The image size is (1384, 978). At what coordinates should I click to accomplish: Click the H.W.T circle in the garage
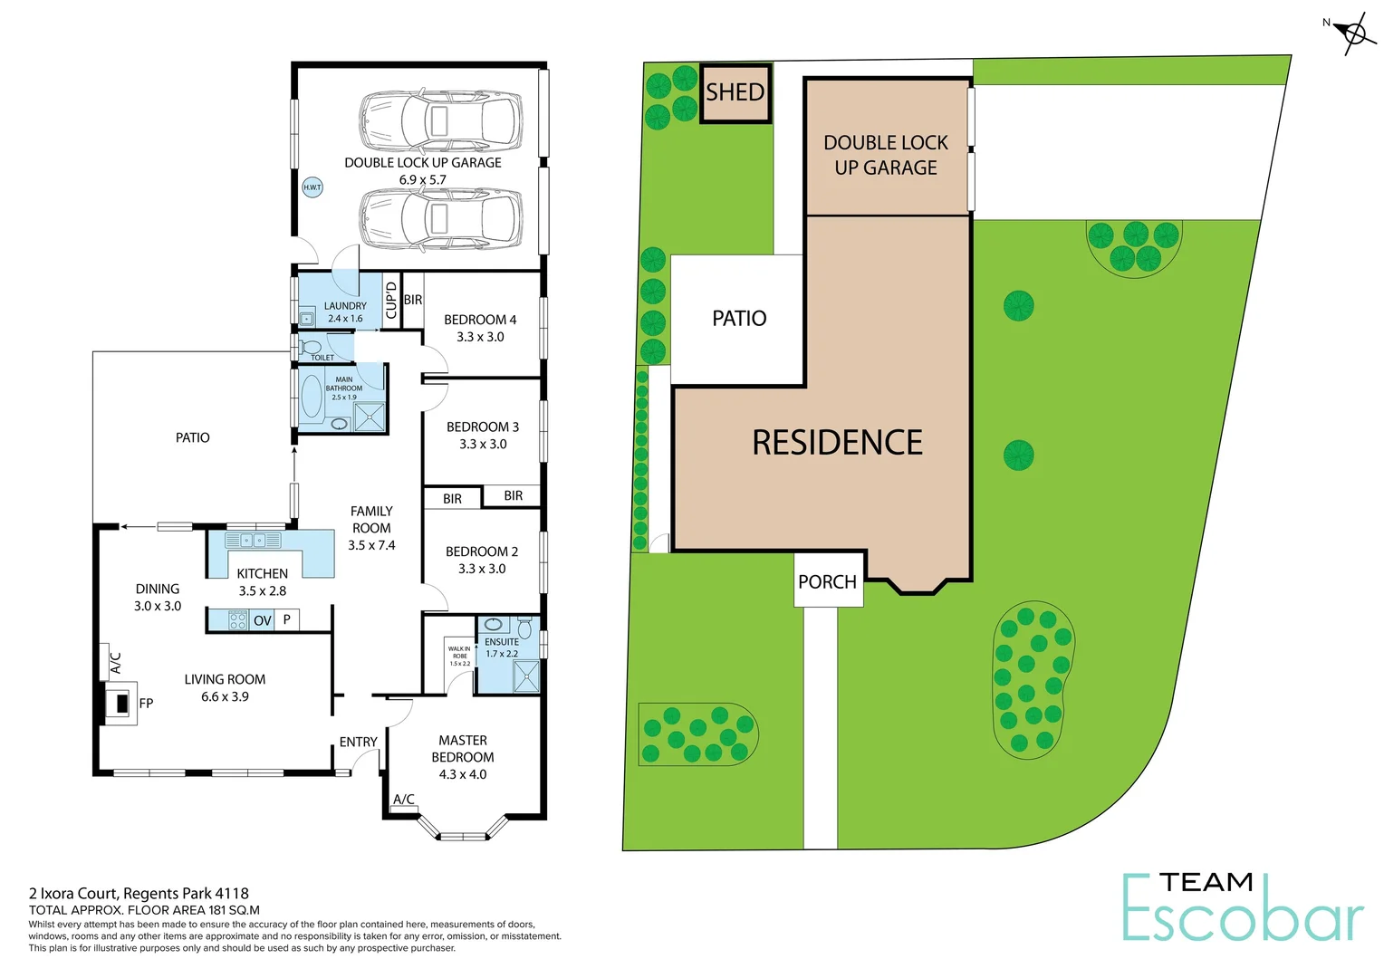tap(312, 187)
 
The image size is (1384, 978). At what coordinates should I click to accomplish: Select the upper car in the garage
tap(440, 119)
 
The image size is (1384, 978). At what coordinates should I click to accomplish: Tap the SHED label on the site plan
tap(735, 92)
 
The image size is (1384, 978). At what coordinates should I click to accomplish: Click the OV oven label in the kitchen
tap(263, 620)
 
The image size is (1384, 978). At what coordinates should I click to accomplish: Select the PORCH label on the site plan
tap(827, 582)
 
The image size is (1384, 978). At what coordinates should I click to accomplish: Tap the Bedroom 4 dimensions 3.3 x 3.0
tap(480, 337)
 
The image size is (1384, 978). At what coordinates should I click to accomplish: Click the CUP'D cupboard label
tap(391, 300)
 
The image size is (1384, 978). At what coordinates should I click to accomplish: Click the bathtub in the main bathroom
tap(312, 397)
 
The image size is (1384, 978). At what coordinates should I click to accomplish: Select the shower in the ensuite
tap(525, 676)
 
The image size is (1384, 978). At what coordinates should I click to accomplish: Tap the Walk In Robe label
tap(459, 656)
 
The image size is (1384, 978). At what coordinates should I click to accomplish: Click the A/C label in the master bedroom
tap(404, 800)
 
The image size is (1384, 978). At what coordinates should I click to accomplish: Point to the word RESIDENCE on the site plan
tap(837, 443)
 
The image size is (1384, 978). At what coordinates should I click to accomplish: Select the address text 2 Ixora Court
tap(73, 894)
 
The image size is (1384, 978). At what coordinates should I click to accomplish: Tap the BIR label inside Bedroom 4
tap(413, 300)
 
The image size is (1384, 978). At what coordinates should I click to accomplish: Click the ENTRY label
tap(358, 742)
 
